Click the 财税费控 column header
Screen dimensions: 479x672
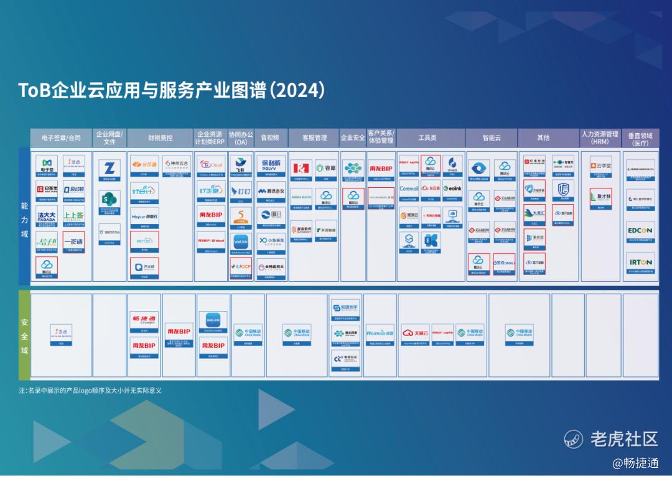pos(161,137)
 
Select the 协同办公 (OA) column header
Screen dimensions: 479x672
pos(241,137)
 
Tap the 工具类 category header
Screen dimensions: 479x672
pos(427,137)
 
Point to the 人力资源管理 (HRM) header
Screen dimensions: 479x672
pos(600,137)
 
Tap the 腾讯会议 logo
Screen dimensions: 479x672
pos(271,191)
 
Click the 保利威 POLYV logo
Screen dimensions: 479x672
pos(271,165)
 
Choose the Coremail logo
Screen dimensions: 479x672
pos(409,188)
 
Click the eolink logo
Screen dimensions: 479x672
pos(452,188)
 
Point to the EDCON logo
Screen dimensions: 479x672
pos(640,231)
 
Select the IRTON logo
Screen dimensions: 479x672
pos(640,263)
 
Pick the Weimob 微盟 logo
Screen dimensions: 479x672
pos(380,333)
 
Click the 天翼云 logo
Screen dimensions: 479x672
pos(415,333)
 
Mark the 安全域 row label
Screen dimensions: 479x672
pos(24,336)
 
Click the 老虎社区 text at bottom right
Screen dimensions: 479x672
pos(623,439)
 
